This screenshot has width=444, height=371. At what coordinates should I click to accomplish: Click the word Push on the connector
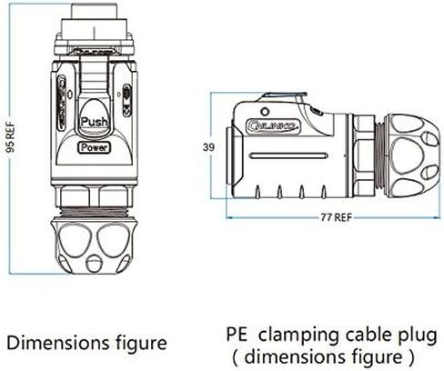coord(95,122)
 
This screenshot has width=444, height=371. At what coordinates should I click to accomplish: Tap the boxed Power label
coord(95,147)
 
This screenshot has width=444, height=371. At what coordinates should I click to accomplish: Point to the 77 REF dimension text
coord(337,217)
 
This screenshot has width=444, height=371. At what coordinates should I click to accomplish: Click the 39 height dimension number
coord(208,147)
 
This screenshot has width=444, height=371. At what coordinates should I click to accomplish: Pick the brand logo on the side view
coord(273,125)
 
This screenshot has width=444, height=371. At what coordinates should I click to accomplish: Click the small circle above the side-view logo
coord(265,112)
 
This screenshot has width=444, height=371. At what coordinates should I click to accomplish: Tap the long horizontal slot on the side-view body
coord(289,155)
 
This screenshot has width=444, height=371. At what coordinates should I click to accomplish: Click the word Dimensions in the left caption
coord(58,343)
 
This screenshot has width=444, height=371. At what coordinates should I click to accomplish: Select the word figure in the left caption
coord(141,345)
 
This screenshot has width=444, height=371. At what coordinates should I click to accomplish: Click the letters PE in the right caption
coord(237,335)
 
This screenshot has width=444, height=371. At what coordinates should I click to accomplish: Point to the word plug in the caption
coord(419,336)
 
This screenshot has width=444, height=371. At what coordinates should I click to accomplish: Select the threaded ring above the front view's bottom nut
coord(95,212)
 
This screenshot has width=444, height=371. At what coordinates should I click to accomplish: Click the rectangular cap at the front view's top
coord(94,11)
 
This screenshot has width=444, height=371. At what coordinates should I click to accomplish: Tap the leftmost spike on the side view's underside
coord(257,192)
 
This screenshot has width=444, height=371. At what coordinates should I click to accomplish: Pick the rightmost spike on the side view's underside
coord(324,192)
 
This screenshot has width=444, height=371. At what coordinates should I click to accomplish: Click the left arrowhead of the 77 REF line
coord(228,217)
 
